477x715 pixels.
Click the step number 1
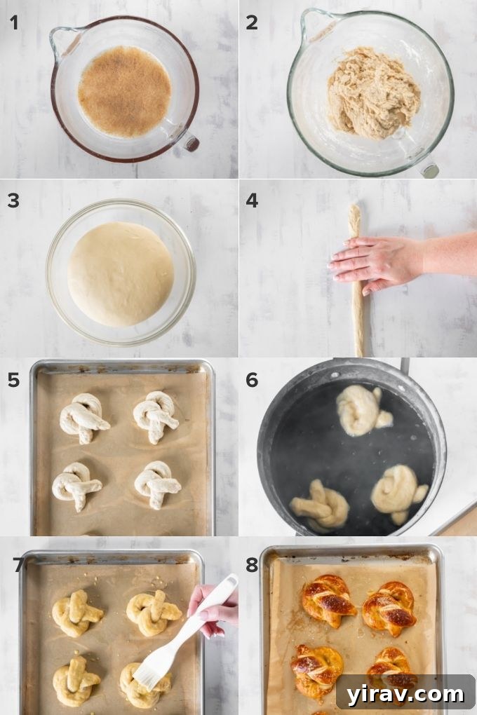point(13,22)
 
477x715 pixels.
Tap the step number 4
point(252,200)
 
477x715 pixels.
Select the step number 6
point(252,380)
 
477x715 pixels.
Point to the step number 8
point(252,558)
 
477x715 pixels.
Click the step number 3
point(13,200)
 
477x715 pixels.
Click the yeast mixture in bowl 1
point(124,90)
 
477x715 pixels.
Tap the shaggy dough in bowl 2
point(373,93)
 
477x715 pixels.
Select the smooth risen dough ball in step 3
point(121,273)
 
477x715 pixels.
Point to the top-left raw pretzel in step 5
point(83,417)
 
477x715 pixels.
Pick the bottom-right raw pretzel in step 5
point(156,484)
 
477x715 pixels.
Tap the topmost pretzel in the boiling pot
point(361,410)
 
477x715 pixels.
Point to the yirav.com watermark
point(405,693)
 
